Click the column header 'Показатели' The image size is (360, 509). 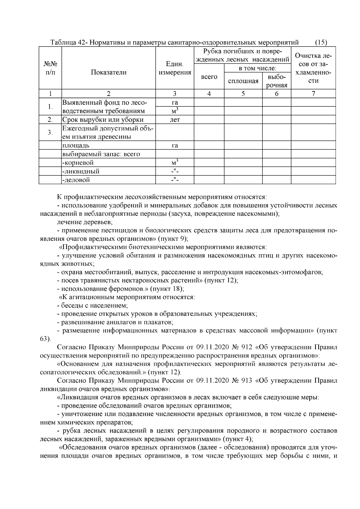point(109,72)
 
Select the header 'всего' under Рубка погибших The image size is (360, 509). point(209,77)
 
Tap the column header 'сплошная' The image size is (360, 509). point(243,81)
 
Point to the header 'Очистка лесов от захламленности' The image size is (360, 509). point(313,68)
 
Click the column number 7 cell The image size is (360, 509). point(313,94)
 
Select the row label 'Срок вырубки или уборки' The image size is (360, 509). point(102,120)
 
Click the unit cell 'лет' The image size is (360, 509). point(175,120)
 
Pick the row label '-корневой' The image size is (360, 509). point(78,163)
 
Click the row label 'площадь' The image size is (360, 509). point(76,146)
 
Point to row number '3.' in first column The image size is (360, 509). point(50,133)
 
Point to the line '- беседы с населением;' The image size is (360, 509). point(93,306)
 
